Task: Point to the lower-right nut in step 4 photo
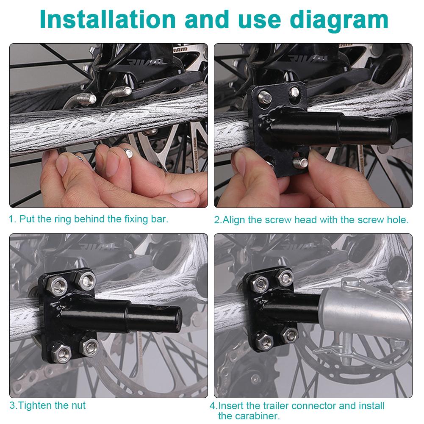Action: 290,335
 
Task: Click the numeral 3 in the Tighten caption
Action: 13,405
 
